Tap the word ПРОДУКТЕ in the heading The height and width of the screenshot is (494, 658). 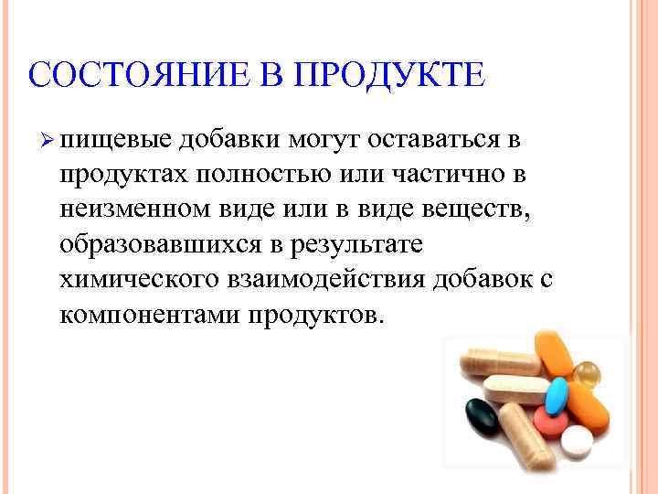click(x=388, y=74)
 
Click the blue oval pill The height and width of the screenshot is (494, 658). click(x=557, y=393)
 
